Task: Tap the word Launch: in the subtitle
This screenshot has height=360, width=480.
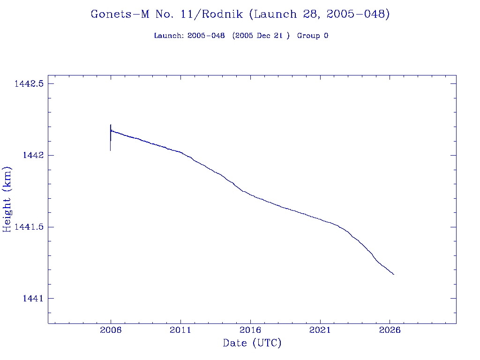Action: click(169, 36)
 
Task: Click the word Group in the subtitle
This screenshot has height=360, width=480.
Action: click(308, 36)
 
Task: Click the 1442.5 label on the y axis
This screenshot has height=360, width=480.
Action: click(29, 84)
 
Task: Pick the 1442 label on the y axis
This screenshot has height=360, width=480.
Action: click(33, 156)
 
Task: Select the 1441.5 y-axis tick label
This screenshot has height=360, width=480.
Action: click(29, 227)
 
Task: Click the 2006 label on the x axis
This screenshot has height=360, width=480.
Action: click(111, 330)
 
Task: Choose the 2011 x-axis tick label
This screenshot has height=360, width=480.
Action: click(180, 330)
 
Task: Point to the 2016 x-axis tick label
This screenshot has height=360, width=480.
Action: click(250, 330)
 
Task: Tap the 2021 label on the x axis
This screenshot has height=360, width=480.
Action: click(320, 330)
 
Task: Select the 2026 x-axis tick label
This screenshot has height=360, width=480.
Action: click(390, 330)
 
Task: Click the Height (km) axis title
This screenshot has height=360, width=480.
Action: click(7, 199)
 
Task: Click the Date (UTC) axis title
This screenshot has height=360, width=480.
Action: click(252, 344)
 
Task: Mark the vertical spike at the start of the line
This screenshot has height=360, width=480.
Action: click(111, 137)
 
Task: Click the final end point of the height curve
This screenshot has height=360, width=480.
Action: click(394, 274)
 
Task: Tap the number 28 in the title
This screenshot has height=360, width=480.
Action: click(305, 15)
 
